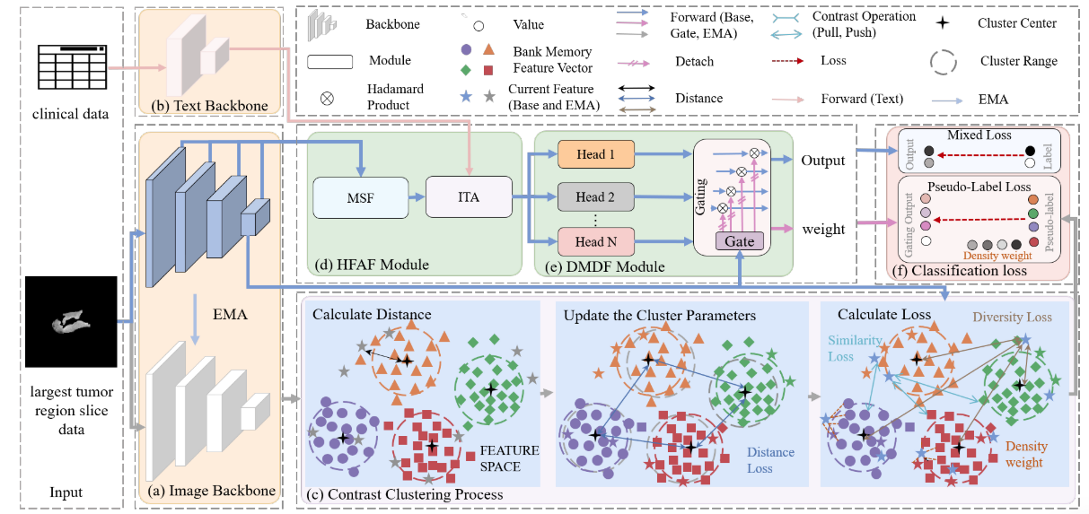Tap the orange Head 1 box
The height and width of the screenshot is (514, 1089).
pos(593,154)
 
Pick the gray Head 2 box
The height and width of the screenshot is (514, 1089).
pos(593,197)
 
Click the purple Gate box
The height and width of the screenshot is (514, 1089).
pos(740,240)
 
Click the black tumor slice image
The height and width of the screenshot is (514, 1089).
pos(71,321)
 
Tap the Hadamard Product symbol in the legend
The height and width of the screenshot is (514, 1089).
pos(328,98)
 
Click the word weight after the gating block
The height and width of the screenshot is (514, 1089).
pos(824,230)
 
